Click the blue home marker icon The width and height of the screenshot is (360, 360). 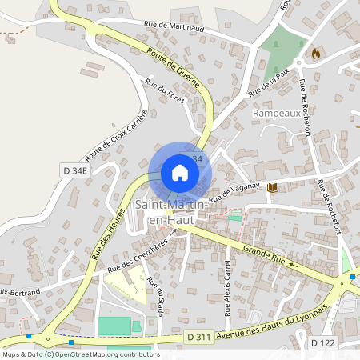[180, 172]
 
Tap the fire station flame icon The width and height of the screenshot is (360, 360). [316, 54]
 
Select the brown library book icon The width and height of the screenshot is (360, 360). [274, 187]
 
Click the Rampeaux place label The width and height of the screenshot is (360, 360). [275, 114]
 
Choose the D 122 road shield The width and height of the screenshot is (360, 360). [323, 342]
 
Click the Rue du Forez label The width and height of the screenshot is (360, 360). [165, 93]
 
